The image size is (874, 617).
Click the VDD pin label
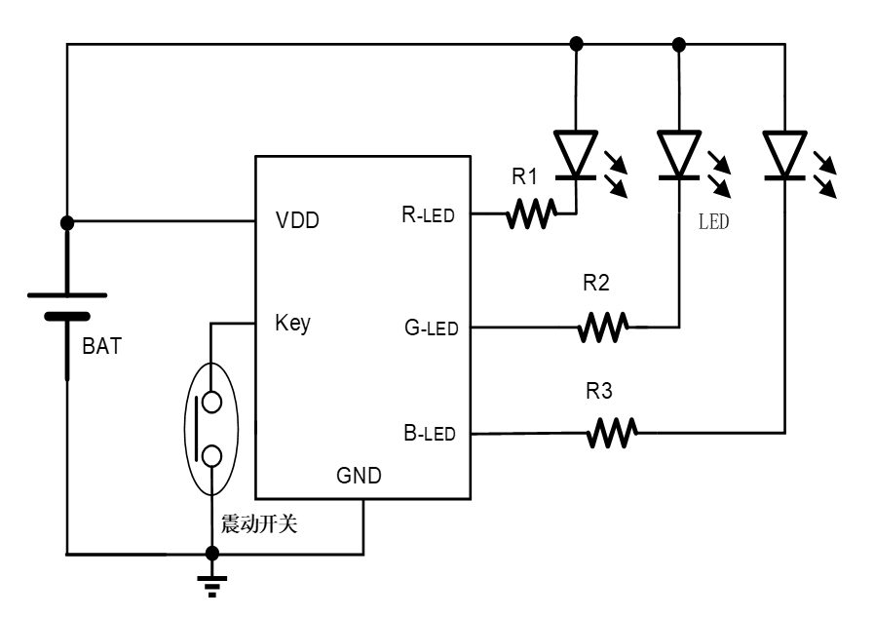click(297, 220)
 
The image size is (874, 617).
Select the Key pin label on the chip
click(292, 323)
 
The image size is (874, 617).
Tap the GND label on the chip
click(359, 476)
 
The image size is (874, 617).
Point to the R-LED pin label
click(428, 214)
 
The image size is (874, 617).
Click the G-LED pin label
click(431, 328)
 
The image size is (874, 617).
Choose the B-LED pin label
click(429, 433)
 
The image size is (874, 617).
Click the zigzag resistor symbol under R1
click(531, 214)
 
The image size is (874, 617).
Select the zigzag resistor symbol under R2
click(603, 327)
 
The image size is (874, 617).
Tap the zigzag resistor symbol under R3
click(612, 432)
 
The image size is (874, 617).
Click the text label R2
click(596, 284)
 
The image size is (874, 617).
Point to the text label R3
click(599, 392)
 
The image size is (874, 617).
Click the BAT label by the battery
click(102, 345)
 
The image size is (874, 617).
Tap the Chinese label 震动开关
click(258, 524)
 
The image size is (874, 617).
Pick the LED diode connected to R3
click(784, 156)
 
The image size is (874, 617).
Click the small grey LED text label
click(713, 221)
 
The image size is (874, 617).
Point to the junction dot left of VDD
click(66, 222)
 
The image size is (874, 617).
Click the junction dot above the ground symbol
click(210, 553)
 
